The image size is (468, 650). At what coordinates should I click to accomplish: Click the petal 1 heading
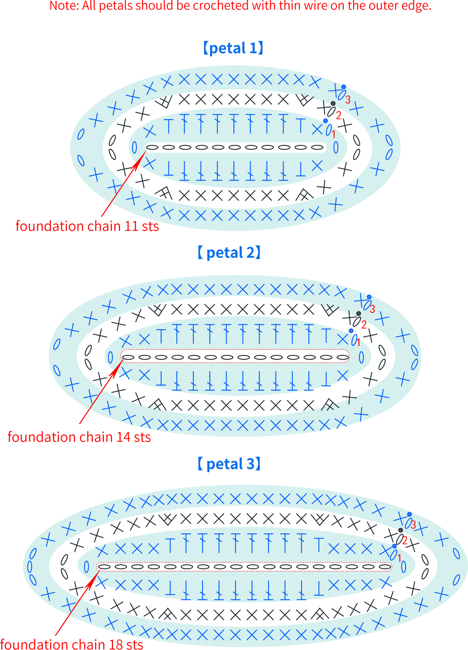(233, 48)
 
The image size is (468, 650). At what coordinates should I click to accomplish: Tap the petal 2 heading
(229, 253)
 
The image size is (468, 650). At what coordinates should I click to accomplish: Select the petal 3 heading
(229, 464)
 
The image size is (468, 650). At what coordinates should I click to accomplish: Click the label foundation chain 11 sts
(87, 226)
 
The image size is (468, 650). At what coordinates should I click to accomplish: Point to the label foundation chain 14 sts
(79, 437)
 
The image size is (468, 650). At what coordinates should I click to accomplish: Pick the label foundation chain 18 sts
(71, 644)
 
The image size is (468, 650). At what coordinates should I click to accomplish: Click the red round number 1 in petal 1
(333, 134)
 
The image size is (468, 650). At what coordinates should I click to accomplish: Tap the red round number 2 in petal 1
(338, 115)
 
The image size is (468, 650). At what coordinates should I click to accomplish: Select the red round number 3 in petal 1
(348, 100)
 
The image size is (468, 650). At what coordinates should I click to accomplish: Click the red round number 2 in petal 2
(364, 325)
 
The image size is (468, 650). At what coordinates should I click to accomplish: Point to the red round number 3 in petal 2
(372, 309)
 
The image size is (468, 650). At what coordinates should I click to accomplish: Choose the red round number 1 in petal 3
(399, 558)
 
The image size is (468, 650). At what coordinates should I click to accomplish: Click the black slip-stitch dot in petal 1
(333, 103)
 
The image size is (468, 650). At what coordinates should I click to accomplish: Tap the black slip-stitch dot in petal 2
(359, 314)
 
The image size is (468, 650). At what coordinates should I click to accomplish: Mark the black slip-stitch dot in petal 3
(401, 530)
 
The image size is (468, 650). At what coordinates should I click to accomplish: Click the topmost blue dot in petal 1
(344, 87)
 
